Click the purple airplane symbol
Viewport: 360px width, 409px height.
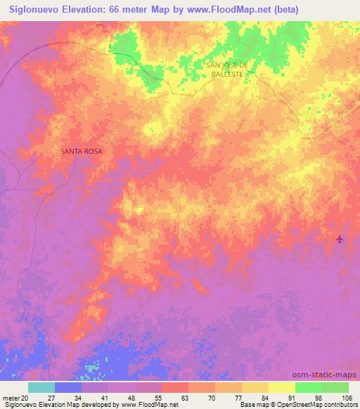pos(340,239)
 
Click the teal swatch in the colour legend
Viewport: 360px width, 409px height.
pos(41,387)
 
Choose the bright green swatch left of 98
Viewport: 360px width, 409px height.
pos(308,387)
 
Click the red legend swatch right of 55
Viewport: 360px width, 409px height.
pos(175,387)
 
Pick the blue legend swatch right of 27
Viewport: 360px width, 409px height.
pos(68,387)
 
